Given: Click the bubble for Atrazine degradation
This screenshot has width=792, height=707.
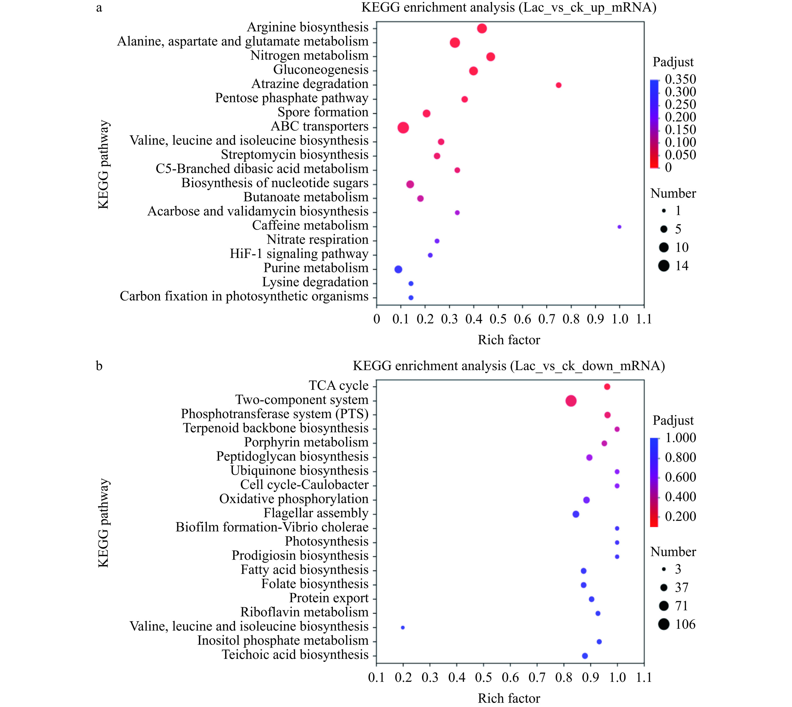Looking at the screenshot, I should point(558,85).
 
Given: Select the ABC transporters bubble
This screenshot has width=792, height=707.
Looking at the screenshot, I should point(403,127).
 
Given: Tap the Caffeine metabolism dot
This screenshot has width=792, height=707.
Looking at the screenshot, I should point(619,227).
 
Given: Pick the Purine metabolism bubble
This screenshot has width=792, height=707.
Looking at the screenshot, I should point(398,269).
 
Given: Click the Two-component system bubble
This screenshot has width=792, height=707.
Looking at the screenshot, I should point(571,401).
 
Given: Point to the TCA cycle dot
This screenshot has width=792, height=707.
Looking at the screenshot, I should point(607,386).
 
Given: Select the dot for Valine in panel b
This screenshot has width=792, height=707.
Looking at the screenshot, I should point(403,627).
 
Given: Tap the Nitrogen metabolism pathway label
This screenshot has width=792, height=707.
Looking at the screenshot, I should point(309,56).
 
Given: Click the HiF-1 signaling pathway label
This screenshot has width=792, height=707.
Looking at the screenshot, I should point(299,254).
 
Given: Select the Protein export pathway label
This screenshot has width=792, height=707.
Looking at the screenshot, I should point(329,598).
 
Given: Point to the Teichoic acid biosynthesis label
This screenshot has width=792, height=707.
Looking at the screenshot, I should point(295,655).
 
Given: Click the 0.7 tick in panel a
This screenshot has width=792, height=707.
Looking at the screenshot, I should point(547,319).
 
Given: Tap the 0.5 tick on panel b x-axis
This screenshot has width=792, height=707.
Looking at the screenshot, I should point(483,678).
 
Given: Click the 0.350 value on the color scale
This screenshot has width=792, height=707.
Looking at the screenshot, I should point(680,79).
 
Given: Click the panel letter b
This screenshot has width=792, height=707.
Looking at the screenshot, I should point(99,366).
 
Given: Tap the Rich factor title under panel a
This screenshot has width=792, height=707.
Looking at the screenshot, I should point(509,340).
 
